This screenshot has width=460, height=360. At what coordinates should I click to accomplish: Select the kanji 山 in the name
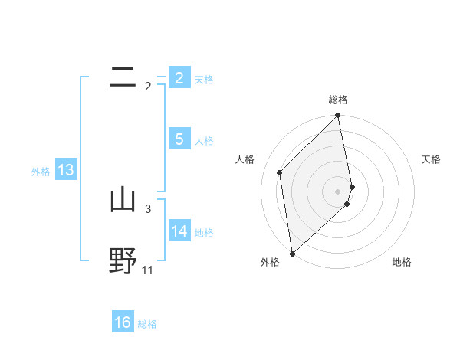click(x=123, y=200)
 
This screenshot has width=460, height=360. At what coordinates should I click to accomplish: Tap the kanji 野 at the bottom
click(x=123, y=260)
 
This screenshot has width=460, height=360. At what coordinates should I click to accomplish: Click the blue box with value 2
click(x=179, y=77)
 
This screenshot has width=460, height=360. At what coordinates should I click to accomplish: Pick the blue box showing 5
click(x=179, y=139)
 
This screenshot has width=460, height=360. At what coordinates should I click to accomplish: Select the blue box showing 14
click(x=179, y=231)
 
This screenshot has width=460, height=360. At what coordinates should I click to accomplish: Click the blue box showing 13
click(x=65, y=170)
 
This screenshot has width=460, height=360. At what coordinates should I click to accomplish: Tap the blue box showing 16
click(x=123, y=322)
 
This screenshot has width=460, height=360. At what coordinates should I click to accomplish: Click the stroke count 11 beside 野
click(x=148, y=270)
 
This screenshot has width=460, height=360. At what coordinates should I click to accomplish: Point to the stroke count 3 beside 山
click(x=148, y=208)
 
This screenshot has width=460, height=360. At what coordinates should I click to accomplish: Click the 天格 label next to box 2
click(x=204, y=79)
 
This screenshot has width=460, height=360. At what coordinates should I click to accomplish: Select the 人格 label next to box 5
click(x=204, y=141)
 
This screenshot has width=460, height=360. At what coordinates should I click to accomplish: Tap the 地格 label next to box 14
click(x=204, y=232)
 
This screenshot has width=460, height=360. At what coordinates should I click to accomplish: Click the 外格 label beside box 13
click(x=41, y=172)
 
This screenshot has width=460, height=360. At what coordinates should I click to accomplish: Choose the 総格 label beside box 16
click(x=147, y=324)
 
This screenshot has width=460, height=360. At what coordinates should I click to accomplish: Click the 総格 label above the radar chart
click(x=338, y=100)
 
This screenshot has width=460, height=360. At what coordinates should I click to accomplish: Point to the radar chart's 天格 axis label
click(x=431, y=159)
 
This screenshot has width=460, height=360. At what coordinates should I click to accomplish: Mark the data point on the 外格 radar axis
click(x=292, y=254)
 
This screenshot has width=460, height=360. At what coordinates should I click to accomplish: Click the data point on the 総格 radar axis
click(x=338, y=116)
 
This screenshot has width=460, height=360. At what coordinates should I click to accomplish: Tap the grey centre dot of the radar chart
click(x=338, y=191)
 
